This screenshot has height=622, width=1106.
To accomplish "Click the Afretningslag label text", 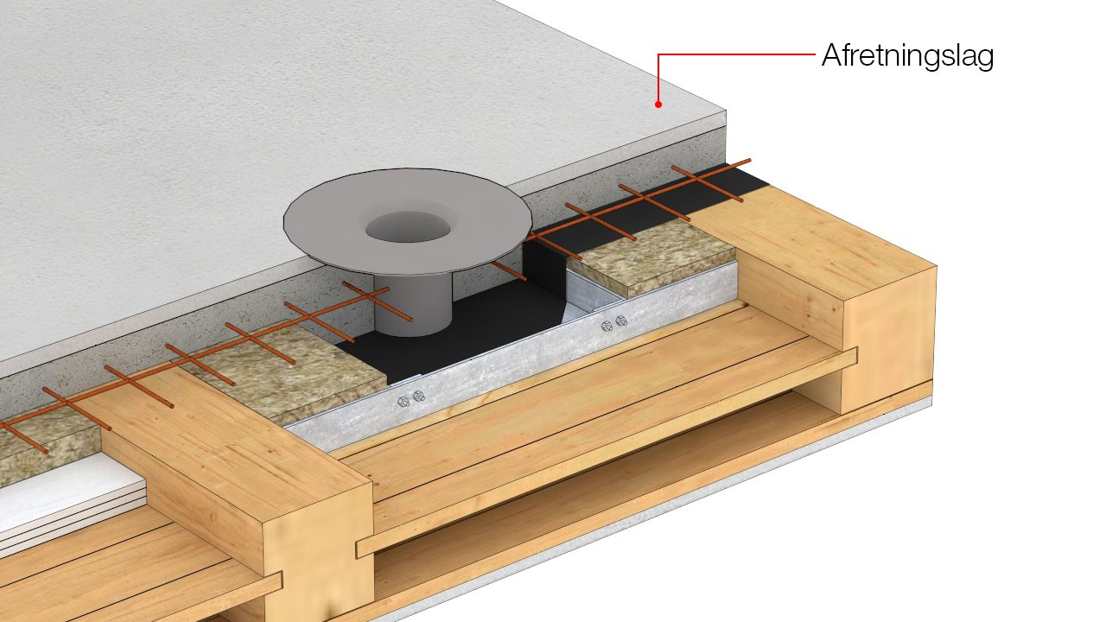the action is click(x=907, y=57).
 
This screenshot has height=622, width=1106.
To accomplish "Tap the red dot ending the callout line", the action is click(x=658, y=105).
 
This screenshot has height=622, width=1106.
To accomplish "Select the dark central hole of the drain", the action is click(x=408, y=227).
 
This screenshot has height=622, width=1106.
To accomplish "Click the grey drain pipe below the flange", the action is click(x=413, y=305).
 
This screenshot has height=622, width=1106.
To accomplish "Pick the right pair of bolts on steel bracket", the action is click(x=614, y=323).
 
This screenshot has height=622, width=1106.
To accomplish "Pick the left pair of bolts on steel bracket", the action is click(x=410, y=398).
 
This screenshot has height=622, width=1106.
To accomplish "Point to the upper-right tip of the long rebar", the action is click(x=749, y=160).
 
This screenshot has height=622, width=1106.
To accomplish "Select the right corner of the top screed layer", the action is click(x=726, y=111).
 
